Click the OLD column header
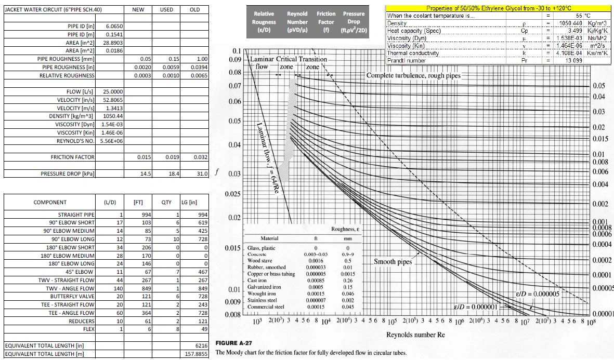click(194, 9)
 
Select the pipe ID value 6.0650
click(114, 25)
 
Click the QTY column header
click(166, 202)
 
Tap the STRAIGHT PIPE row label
click(76, 215)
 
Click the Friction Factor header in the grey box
click(326, 22)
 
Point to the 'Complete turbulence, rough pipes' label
click(413, 75)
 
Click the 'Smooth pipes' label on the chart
click(393, 262)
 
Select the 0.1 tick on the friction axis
click(237, 51)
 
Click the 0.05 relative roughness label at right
click(599, 86)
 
